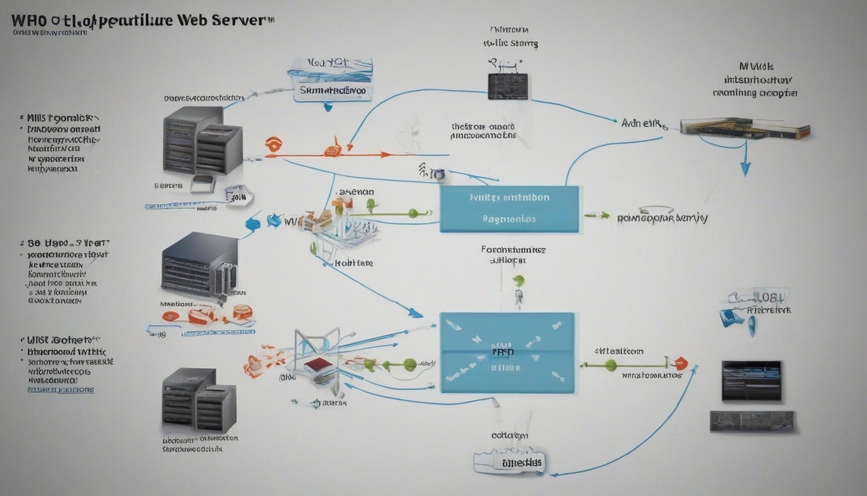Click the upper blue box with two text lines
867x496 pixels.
coord(509,208)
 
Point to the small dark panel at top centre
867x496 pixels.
coord(507,85)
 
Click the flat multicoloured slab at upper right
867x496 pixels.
coord(744,129)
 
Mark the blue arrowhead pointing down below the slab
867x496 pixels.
coord(745,169)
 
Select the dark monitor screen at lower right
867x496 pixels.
coord(751,381)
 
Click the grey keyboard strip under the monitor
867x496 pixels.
coord(751,421)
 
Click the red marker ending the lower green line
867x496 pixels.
coord(681,364)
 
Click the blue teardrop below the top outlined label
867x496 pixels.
coord(328,106)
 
